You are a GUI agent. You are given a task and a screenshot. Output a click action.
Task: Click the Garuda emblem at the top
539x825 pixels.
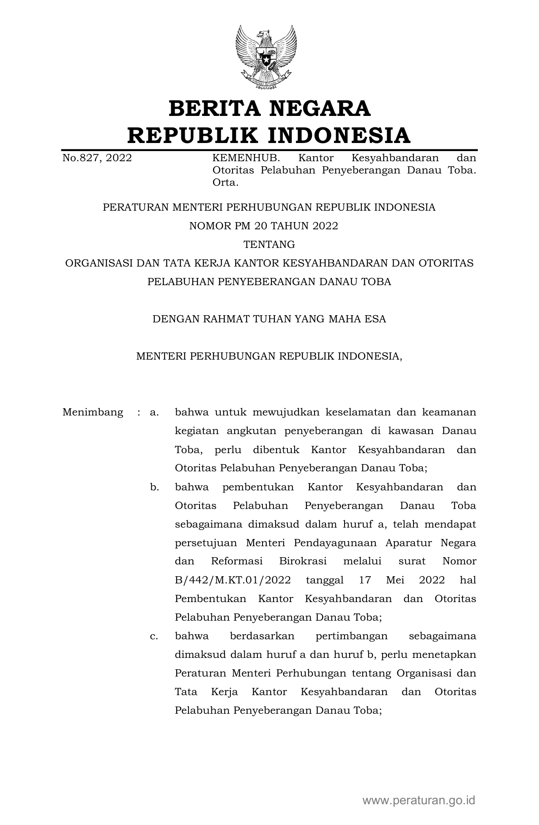(266, 57)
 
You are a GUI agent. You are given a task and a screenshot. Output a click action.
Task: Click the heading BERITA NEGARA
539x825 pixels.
(269, 108)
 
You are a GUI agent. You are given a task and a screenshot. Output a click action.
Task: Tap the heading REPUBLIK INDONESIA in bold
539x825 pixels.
(269, 135)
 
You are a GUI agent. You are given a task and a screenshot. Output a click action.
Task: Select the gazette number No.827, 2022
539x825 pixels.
(97, 158)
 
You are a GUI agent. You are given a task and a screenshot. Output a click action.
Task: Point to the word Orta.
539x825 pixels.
(225, 183)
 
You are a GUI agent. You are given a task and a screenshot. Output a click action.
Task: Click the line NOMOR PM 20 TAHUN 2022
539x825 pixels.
(263, 226)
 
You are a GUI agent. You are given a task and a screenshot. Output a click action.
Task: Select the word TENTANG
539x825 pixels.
(269, 245)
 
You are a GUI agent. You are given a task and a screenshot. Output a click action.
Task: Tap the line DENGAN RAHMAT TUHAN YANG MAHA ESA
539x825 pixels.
(269, 319)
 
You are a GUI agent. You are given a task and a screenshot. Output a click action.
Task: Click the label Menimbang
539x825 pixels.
(93, 412)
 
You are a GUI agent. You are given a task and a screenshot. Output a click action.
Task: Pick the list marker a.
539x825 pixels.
(154, 412)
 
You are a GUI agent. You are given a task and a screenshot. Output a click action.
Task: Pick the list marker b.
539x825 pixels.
(154, 487)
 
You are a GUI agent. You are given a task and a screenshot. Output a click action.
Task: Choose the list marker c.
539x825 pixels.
(154, 636)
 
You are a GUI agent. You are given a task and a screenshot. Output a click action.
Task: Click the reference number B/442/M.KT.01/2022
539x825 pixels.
(233, 580)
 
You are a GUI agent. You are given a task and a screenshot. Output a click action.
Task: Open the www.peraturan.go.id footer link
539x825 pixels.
(419, 800)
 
